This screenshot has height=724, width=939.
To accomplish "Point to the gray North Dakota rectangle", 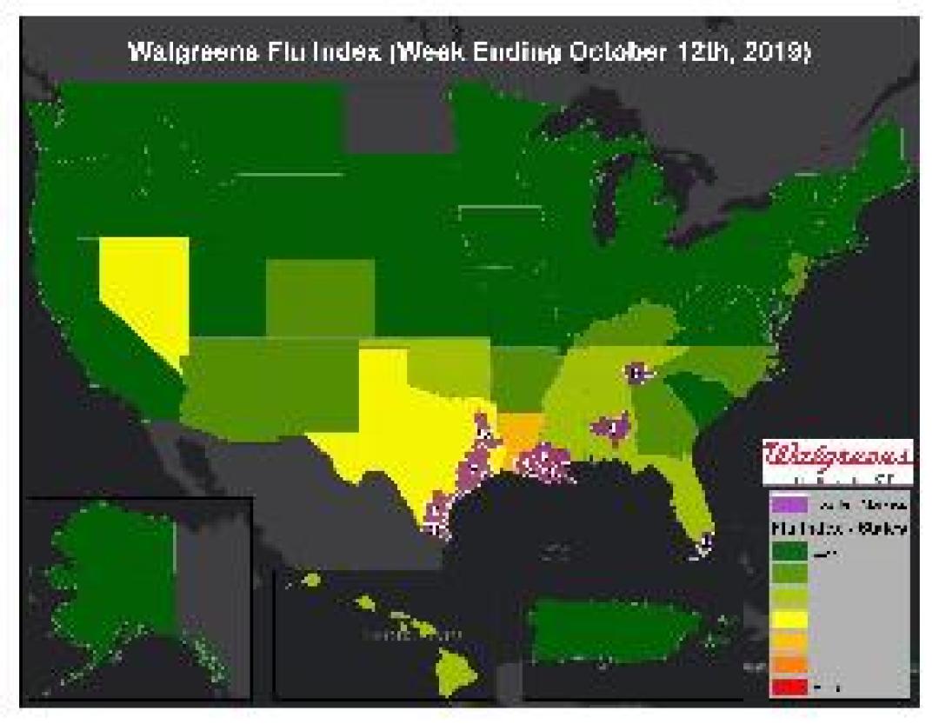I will pos(399,123).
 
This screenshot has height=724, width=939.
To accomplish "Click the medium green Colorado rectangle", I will pos(319,296).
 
